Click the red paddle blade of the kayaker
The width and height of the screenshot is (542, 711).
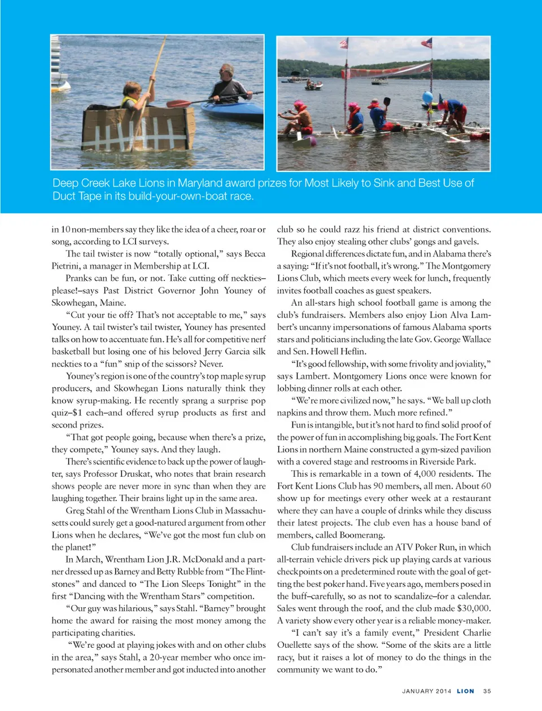(177, 104)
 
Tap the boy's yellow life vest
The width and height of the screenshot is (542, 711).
(130, 103)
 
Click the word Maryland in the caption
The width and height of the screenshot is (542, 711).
(204, 183)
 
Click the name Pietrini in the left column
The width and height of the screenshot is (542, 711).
(68, 266)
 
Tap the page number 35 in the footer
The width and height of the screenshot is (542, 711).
(487, 691)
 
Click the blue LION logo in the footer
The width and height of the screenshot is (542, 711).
(465, 691)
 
